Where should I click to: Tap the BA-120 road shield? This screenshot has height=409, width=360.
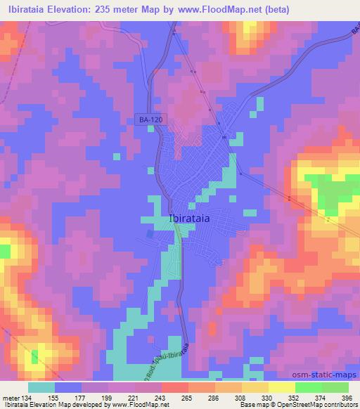point(150,121)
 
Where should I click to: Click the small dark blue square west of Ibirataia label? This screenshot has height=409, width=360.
point(149,233)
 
